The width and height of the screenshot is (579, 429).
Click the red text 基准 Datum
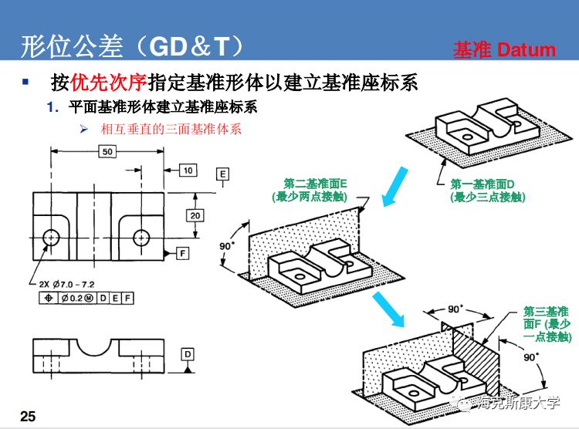coord(504,50)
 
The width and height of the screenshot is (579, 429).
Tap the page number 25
coord(28,417)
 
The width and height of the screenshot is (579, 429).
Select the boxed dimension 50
coord(107,151)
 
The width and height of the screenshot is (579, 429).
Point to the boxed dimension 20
coord(197,214)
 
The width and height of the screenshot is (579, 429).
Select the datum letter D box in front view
coord(188,354)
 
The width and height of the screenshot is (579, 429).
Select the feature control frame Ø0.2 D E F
coord(85,298)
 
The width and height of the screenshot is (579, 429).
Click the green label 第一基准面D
coord(487,191)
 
